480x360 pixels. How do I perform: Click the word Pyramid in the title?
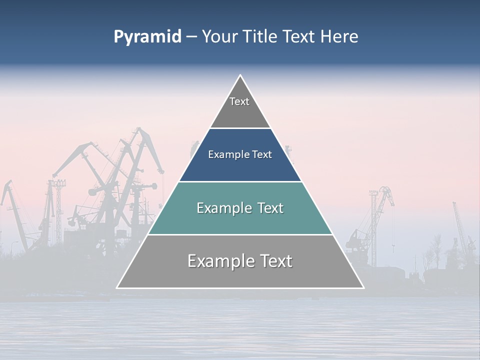pyautogui.click(x=147, y=37)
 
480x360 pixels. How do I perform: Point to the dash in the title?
pyautogui.click(x=191, y=37)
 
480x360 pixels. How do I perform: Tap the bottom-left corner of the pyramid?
pyautogui.click(x=117, y=287)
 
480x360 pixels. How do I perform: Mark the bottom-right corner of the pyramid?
pyautogui.click(x=363, y=287)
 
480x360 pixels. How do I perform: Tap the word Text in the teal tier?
pyautogui.click(x=269, y=208)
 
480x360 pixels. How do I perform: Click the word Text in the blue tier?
pyautogui.click(x=262, y=155)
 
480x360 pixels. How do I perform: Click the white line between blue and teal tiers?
pyautogui.click(x=240, y=181)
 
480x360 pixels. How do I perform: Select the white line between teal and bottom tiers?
pyautogui.click(x=240, y=234)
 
